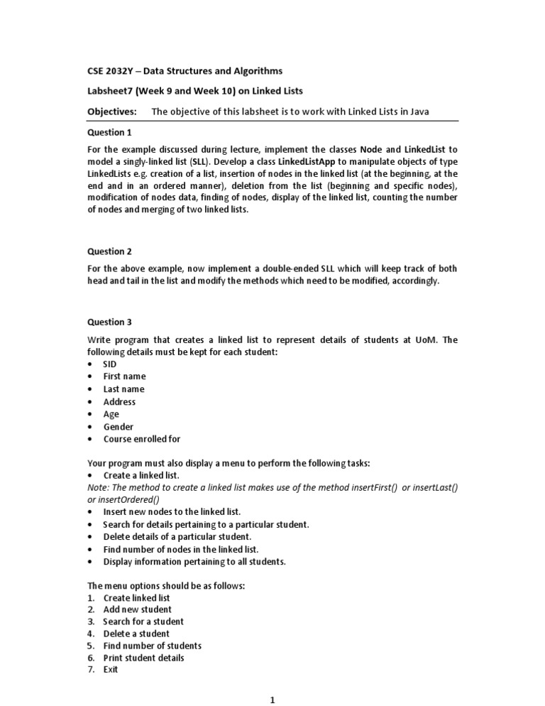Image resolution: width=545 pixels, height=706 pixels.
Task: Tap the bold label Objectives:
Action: [x=111, y=112]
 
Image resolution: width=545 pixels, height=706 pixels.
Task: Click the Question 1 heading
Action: [x=109, y=132]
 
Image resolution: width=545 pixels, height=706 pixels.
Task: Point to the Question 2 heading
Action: [x=109, y=251]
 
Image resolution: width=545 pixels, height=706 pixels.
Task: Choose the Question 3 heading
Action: [x=109, y=322]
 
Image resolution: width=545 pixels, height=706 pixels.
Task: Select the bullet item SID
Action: [x=110, y=364]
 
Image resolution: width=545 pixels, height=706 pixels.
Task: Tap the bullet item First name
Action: [x=124, y=376]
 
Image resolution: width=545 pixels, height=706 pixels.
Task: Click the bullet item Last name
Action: [x=123, y=389]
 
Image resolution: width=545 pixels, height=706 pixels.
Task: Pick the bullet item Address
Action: [x=119, y=402]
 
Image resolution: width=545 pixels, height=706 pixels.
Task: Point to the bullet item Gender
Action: [x=118, y=427]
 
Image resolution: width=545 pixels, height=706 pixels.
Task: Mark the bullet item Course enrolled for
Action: [x=141, y=440]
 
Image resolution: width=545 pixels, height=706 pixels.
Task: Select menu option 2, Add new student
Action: [x=137, y=609]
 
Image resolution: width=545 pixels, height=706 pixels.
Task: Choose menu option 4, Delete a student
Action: [x=136, y=634]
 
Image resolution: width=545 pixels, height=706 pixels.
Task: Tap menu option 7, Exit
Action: [x=111, y=670]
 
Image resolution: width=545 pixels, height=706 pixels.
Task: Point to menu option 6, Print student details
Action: [x=143, y=658]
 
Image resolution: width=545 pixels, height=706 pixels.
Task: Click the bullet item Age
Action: [x=111, y=414]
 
